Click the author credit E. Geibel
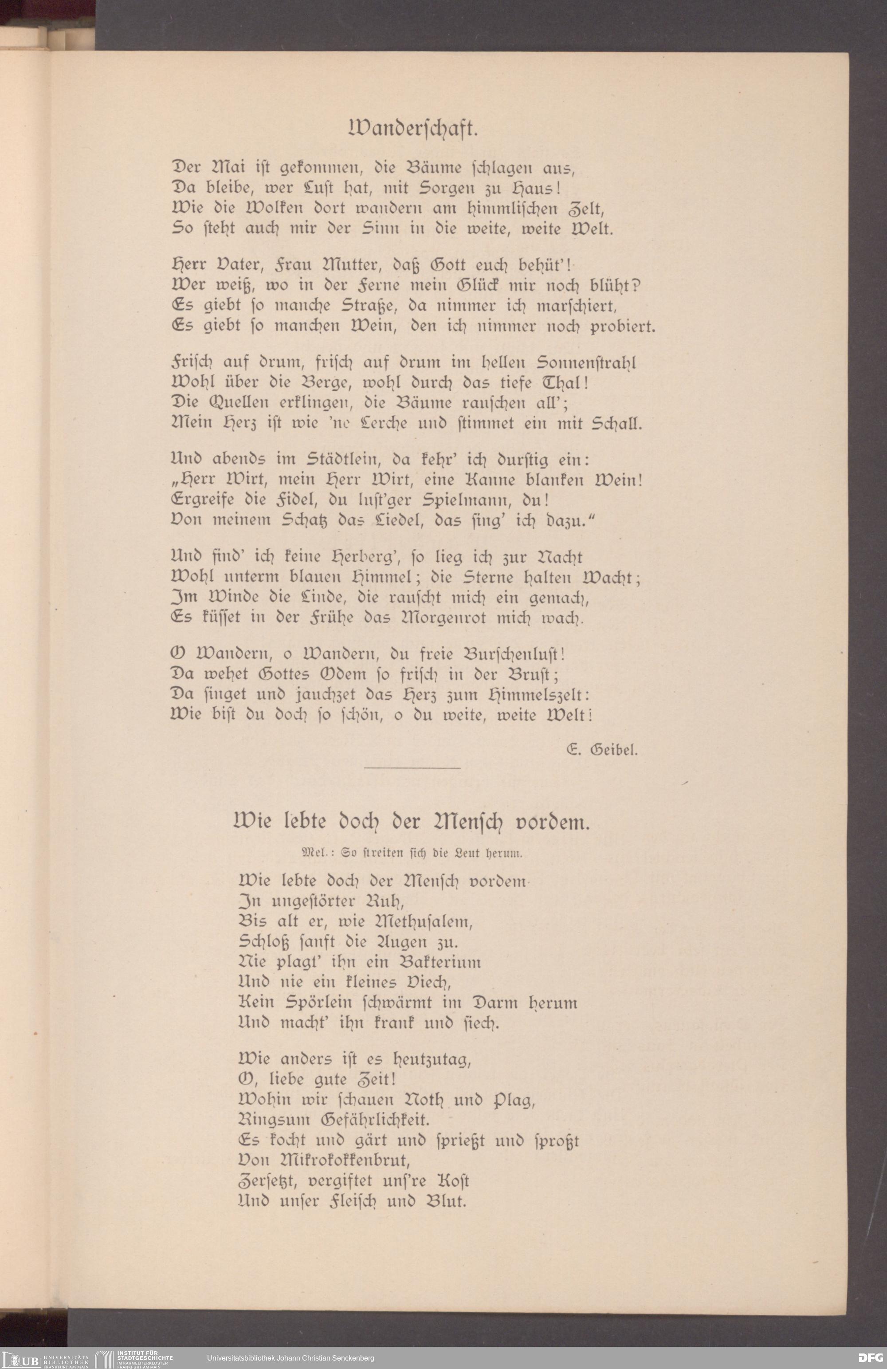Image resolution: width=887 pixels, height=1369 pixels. [602, 750]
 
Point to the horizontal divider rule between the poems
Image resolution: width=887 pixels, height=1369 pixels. [412, 767]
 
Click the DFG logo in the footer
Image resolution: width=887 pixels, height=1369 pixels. [870, 1357]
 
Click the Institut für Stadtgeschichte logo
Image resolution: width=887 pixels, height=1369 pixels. [135, 1358]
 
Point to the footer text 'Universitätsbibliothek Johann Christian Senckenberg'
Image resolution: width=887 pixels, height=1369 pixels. [290, 1358]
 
